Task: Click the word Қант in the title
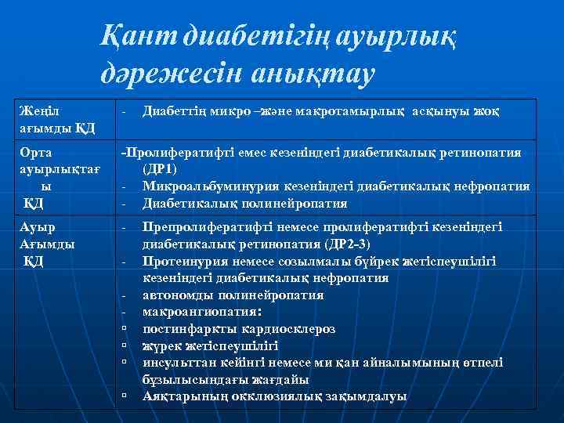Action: [139, 35]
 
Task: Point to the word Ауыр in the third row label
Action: [37, 227]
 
